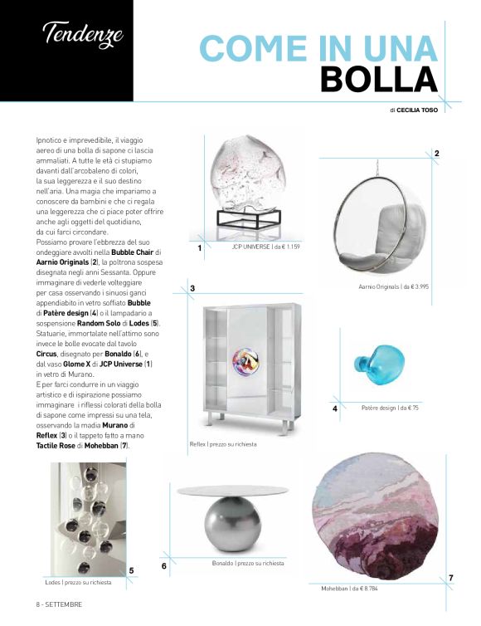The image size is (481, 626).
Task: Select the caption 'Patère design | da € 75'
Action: [390, 408]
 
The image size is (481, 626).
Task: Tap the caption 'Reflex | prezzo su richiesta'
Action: [222, 445]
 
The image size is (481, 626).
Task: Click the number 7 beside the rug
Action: [450, 577]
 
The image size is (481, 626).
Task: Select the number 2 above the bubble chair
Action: [436, 154]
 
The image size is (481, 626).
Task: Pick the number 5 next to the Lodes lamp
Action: [132, 570]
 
